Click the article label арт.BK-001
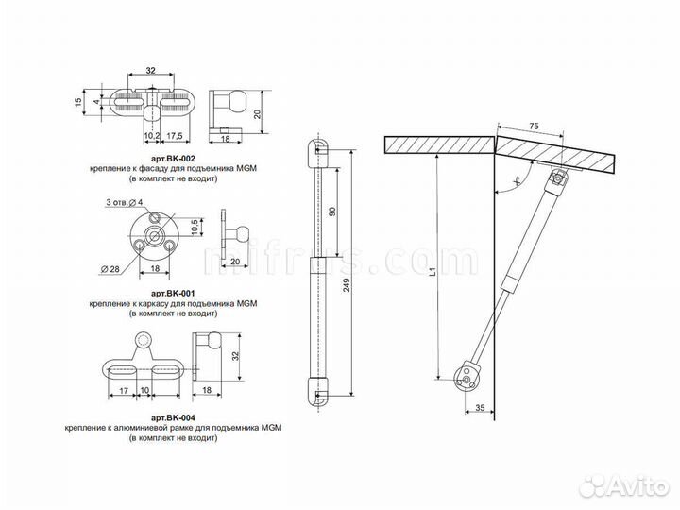[173, 294]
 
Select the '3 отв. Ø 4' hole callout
[124, 204]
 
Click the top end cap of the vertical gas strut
[320, 150]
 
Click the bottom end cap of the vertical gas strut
[320, 388]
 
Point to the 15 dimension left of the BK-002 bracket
[78, 101]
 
